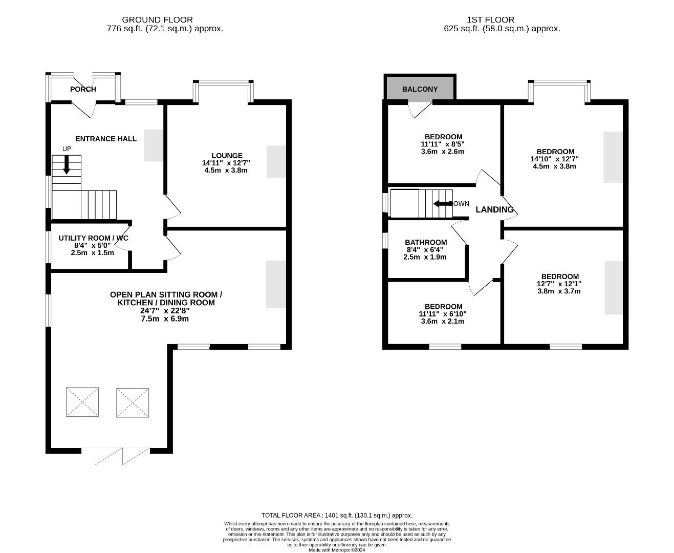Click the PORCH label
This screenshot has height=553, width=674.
[x=83, y=89]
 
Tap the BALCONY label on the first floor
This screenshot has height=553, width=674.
[x=420, y=89]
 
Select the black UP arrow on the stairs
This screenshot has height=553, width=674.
[x=67, y=165]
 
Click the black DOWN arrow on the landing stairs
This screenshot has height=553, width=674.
[x=443, y=204]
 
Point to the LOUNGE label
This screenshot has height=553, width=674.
[x=227, y=156]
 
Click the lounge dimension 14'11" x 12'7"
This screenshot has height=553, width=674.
[x=226, y=163]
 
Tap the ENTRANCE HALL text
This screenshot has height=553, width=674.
[x=106, y=139]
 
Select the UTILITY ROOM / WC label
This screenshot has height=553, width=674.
[x=93, y=238]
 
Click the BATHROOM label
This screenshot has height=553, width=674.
[x=426, y=242]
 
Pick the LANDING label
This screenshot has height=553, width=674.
[x=494, y=209]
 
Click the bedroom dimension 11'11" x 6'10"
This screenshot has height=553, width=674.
[x=443, y=314]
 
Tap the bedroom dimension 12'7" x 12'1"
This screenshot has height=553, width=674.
[x=559, y=284]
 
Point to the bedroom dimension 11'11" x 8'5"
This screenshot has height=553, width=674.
[x=443, y=144]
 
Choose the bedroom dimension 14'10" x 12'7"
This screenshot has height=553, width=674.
[x=554, y=159]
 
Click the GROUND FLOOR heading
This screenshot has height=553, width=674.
[x=157, y=20]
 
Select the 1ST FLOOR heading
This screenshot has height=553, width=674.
[x=491, y=20]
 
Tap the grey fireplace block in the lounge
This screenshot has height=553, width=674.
[x=276, y=161]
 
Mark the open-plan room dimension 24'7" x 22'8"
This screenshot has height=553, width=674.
[x=165, y=311]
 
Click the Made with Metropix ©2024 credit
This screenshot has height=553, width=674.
[x=337, y=550]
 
